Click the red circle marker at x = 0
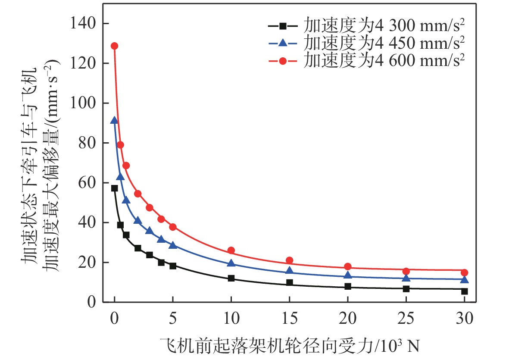[114, 46]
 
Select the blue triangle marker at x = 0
[114, 121]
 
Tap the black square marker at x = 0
[114, 188]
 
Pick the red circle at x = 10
[231, 250]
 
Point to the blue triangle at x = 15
[290, 271]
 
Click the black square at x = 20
[348, 286]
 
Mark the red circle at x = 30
[464, 272]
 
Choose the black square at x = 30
[464, 291]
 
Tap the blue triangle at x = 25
[406, 278]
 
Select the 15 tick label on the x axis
[289, 319]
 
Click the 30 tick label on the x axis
[464, 319]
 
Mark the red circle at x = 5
[173, 227]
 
